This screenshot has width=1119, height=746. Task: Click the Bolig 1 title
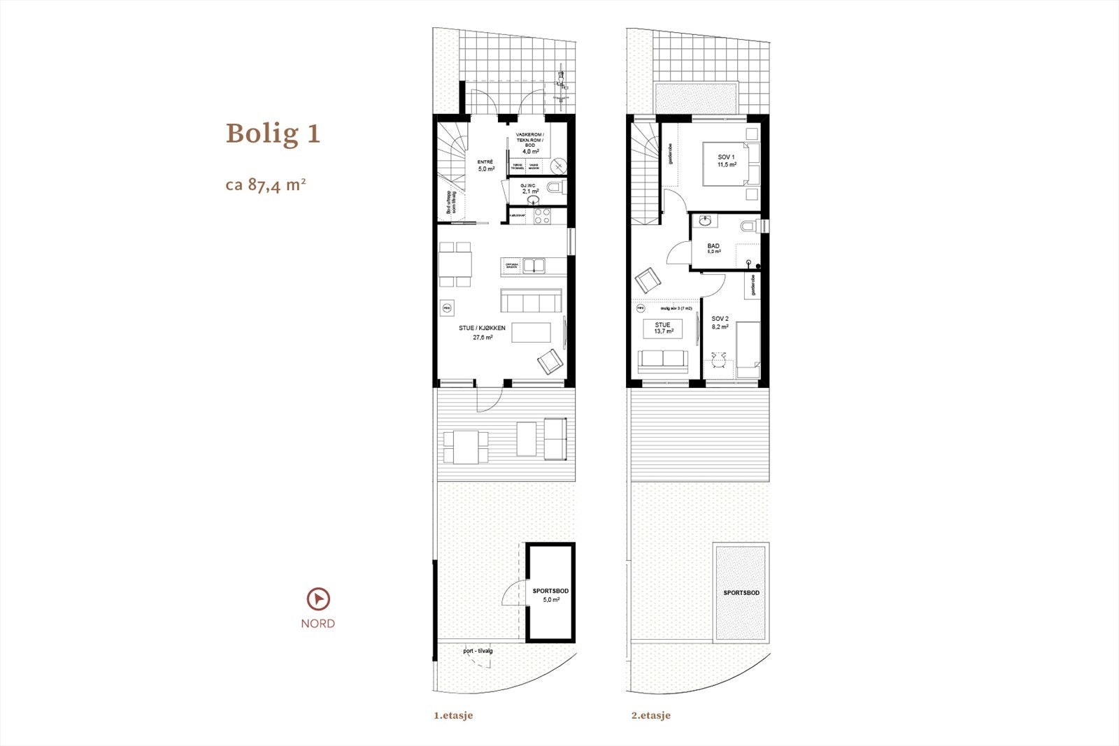tap(273, 133)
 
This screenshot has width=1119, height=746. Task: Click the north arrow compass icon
tap(318, 599)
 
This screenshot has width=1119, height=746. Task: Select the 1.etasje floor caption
tap(453, 715)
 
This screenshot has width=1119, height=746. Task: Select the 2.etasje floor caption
tap(650, 715)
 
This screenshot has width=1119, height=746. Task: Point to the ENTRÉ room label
tap(485, 165)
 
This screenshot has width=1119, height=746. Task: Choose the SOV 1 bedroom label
tap(726, 160)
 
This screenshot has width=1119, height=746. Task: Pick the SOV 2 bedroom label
tap(720, 322)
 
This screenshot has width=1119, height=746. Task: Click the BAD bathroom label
tap(713, 248)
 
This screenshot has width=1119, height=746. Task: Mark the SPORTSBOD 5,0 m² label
tap(550, 595)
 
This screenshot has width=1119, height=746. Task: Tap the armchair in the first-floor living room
tap(550, 361)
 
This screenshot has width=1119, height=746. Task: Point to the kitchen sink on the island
tap(534, 266)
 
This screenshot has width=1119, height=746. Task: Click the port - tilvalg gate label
tap(478, 651)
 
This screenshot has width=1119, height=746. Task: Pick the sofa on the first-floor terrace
tap(555, 438)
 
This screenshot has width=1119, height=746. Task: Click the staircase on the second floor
tap(645, 171)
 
